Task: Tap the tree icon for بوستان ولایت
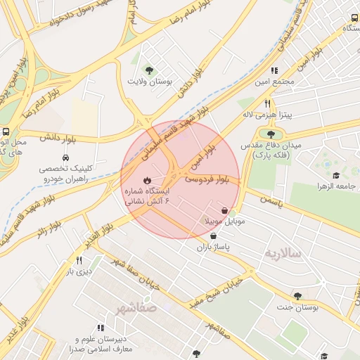pyautogui.click(x=148, y=69)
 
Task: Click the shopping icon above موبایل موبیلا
pyautogui.click(x=224, y=210)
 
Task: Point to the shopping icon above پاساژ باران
pyautogui.click(x=213, y=236)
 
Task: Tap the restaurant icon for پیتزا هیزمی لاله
pyautogui.click(x=267, y=103)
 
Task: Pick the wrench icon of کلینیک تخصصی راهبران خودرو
pyautogui.click(x=73, y=157)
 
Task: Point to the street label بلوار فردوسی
pyautogui.click(x=207, y=180)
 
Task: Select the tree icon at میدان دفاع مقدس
pyautogui.click(x=271, y=133)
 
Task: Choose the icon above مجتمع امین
pyautogui.click(x=274, y=70)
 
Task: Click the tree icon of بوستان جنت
pyautogui.click(x=298, y=296)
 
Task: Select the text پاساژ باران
pyautogui.click(x=213, y=247)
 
